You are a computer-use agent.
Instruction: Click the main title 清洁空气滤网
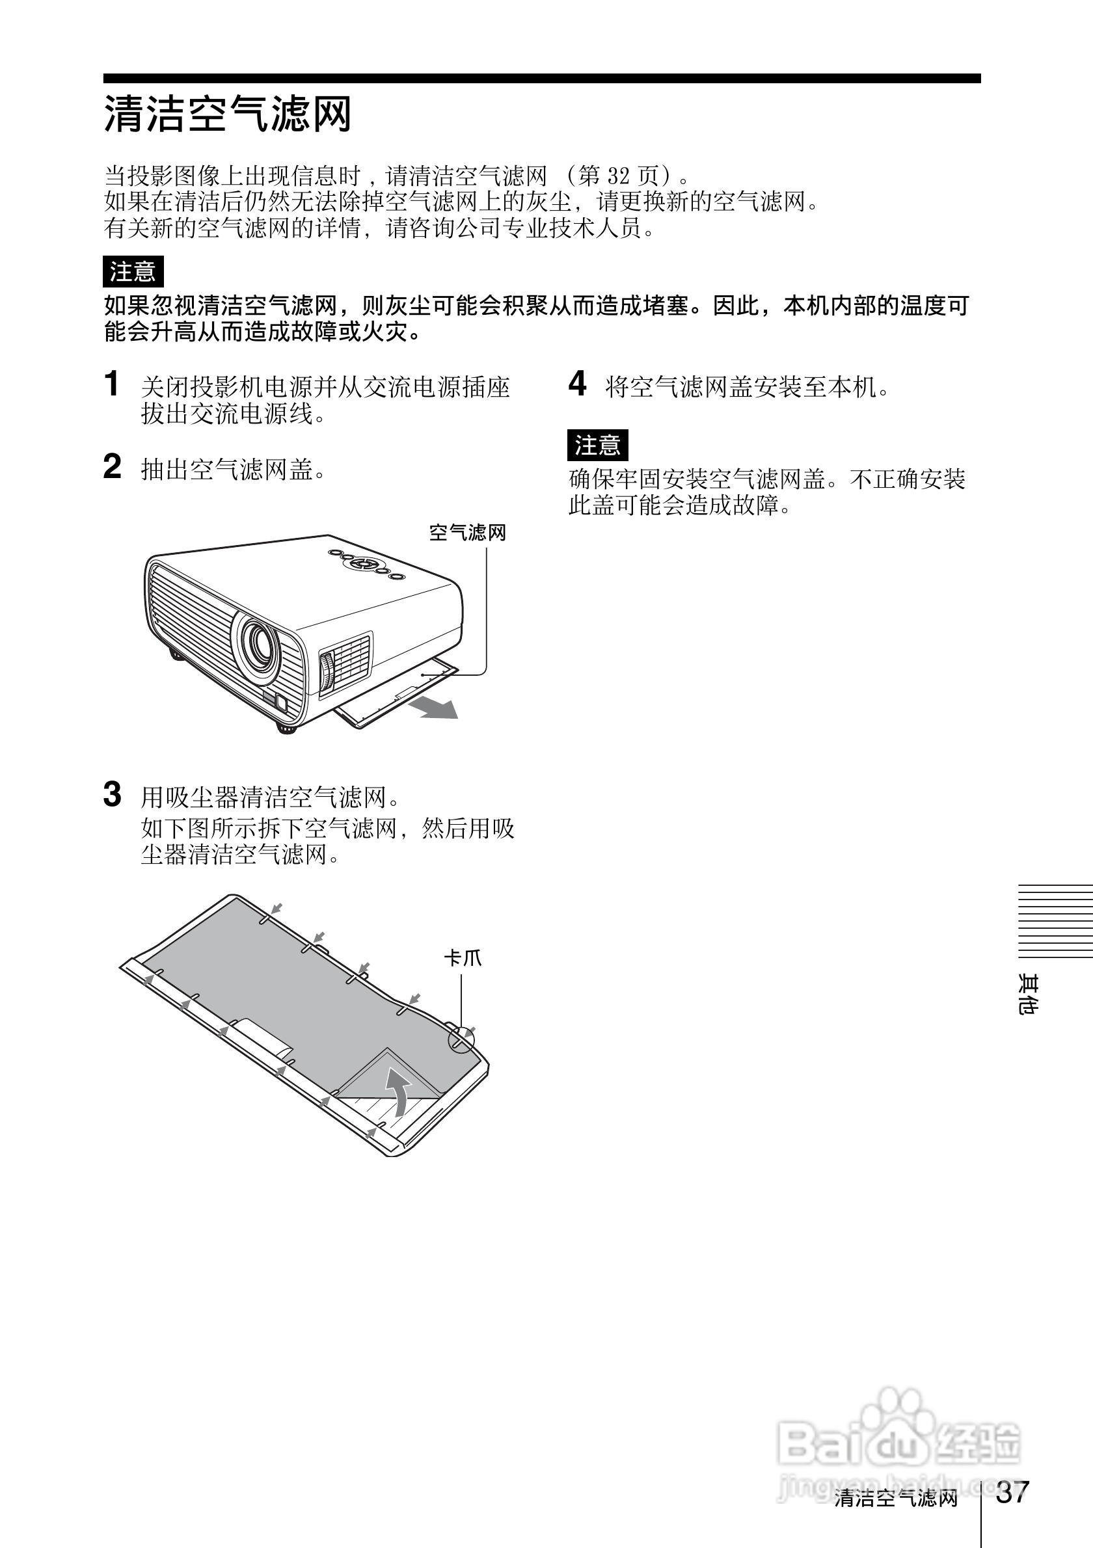[x=227, y=113]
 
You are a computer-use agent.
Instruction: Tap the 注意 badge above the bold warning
[x=133, y=272]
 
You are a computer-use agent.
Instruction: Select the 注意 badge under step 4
[x=597, y=445]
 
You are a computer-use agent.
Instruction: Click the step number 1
[x=112, y=384]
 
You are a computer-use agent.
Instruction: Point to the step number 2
[x=112, y=466]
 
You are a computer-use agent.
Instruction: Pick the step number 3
[x=112, y=794]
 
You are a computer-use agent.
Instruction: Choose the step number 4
[x=577, y=384]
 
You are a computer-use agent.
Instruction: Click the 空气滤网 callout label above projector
[x=467, y=533]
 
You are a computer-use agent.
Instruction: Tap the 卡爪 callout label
[x=463, y=958]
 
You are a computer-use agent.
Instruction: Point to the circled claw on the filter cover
[x=461, y=1039]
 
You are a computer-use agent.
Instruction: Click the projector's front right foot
[x=286, y=727]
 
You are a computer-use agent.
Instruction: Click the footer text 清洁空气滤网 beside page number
[x=895, y=1498]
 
